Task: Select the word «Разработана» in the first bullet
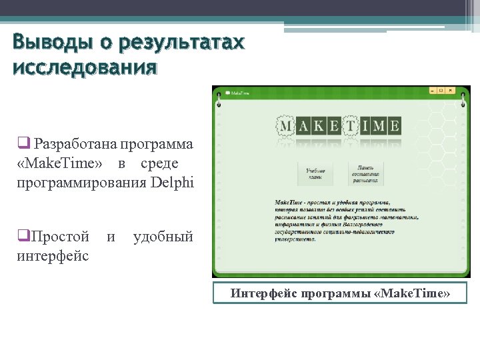click(x=72, y=144)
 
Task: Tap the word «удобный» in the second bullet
click(x=163, y=237)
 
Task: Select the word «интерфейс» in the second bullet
click(x=53, y=255)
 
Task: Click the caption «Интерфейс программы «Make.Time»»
click(x=340, y=293)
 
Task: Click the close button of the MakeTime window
click(x=451, y=90)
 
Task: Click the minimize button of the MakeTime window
click(x=432, y=90)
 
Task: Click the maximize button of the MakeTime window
click(x=441, y=90)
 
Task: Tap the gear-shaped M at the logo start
click(x=286, y=125)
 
